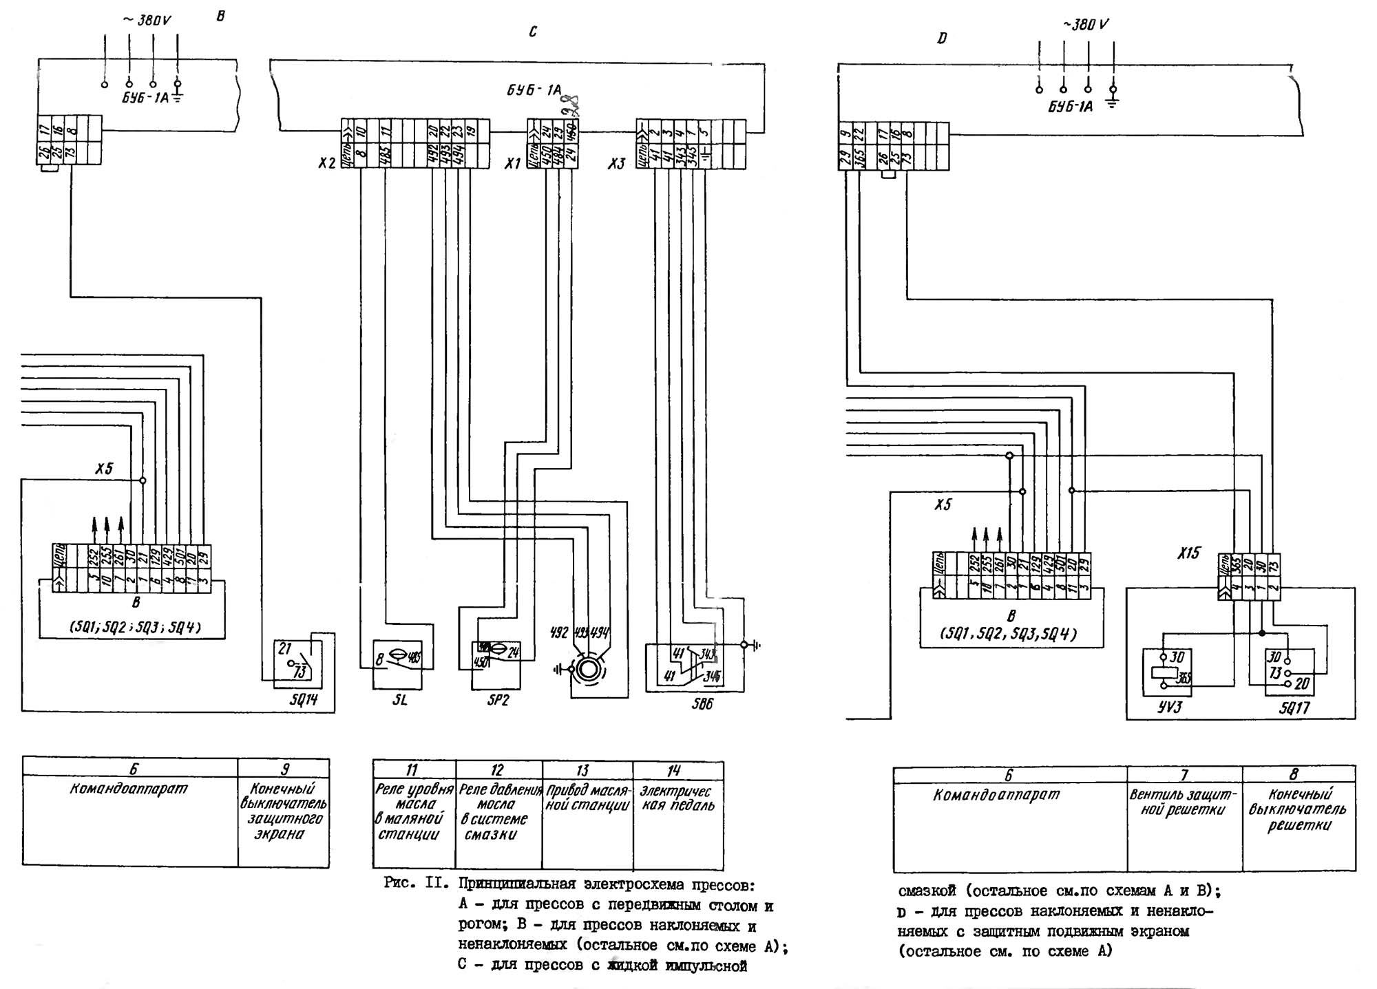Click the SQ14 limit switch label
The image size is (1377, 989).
pos(304,700)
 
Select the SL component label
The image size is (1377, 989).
pos(399,701)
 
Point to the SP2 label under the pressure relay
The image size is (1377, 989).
pos(497,701)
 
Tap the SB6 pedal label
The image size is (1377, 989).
pos(702,703)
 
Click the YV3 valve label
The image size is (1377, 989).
pos(1169,707)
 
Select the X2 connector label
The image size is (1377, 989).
pos(327,163)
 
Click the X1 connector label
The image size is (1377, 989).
pos(512,163)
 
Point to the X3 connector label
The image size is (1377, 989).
pos(616,164)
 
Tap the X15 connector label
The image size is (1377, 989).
pos(1188,553)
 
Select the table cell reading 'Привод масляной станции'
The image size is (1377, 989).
pos(587,798)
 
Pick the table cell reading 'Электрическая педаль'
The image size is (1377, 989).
pos(677,798)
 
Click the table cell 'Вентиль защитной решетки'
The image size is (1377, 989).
pos(1184,802)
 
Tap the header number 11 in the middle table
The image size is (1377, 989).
pos(412,769)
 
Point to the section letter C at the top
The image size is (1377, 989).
pos(533,32)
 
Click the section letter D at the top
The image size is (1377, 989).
pos(942,39)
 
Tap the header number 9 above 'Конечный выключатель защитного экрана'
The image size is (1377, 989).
pos(284,769)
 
